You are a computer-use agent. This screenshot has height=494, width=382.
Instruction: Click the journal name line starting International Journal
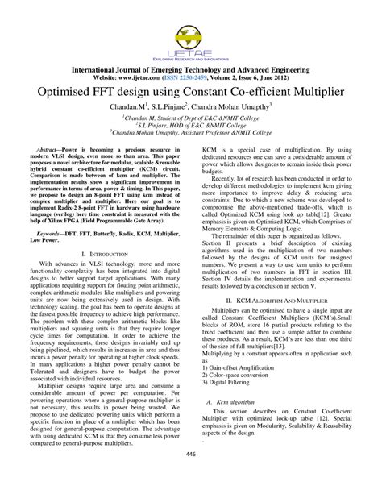coord(190,69)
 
